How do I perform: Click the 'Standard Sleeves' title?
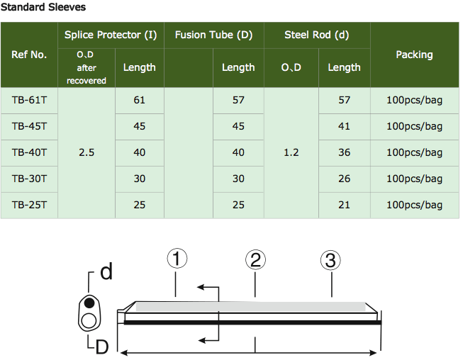click(43, 7)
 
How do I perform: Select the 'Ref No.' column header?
click(29, 55)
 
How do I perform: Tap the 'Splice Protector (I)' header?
click(111, 35)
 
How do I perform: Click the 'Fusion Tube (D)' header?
click(213, 35)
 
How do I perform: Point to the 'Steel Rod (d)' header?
click(316, 35)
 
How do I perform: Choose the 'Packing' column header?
click(414, 55)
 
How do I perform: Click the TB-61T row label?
click(29, 101)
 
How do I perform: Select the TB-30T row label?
click(29, 179)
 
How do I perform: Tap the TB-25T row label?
click(29, 205)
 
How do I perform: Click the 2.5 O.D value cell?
click(87, 152)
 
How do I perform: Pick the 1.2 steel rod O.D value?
click(291, 152)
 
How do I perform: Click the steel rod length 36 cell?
click(344, 152)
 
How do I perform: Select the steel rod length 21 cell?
click(344, 205)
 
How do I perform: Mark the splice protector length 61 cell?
click(139, 101)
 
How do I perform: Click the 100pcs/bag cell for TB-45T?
click(414, 126)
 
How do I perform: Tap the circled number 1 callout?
click(177, 259)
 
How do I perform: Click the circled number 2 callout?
click(255, 259)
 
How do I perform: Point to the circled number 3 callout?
click(329, 260)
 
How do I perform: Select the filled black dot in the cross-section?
click(89, 303)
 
